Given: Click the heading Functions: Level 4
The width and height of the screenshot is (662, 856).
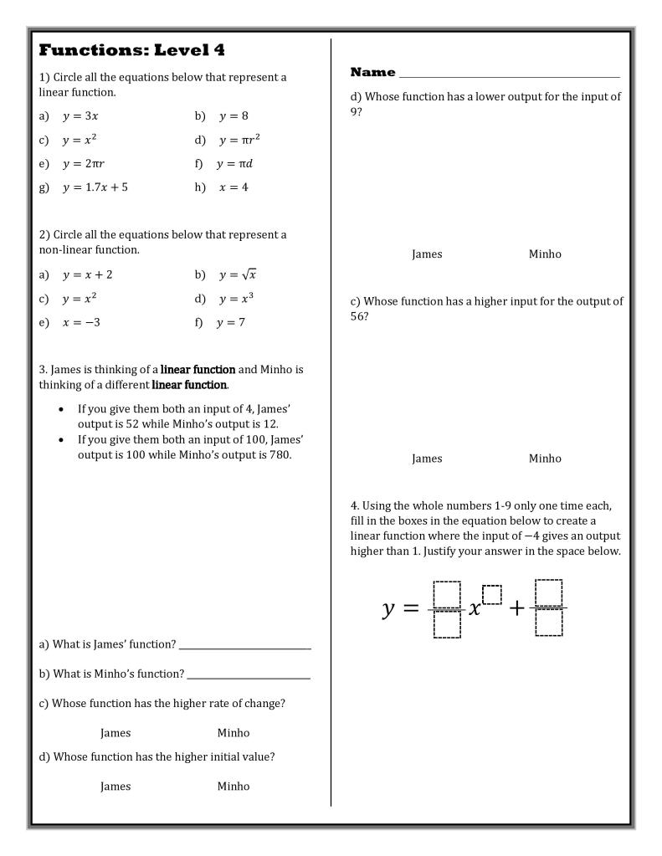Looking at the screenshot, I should tap(132, 50).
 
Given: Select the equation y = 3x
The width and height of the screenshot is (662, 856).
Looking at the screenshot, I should tap(80, 116).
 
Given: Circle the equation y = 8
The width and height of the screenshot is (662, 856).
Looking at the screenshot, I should tap(233, 116).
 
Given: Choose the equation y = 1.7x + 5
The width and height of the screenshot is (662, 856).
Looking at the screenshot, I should tap(95, 187).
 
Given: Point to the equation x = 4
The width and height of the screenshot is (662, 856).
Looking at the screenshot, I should tap(233, 187).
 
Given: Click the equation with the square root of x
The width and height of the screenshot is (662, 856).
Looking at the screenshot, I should tap(238, 274).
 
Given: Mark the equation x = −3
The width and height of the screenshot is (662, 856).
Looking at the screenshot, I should tap(81, 323).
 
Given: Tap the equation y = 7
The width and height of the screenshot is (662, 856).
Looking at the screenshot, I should tap(231, 323).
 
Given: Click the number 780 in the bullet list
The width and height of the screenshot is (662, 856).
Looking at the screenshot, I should tap(279, 455).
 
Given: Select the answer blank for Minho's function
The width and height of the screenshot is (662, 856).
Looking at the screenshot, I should tap(249, 674).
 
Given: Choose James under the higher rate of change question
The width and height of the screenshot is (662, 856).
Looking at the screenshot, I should tap(115, 733).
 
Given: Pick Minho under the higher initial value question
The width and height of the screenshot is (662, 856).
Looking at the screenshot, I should tap(233, 787).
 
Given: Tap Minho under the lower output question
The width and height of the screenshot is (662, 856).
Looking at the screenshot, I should tap(545, 254).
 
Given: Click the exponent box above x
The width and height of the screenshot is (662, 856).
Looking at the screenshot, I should tap(492, 594).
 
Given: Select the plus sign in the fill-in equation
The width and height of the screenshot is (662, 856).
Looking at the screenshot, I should tap(516, 608).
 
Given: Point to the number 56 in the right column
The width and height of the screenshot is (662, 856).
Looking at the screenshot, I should tap(358, 316).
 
